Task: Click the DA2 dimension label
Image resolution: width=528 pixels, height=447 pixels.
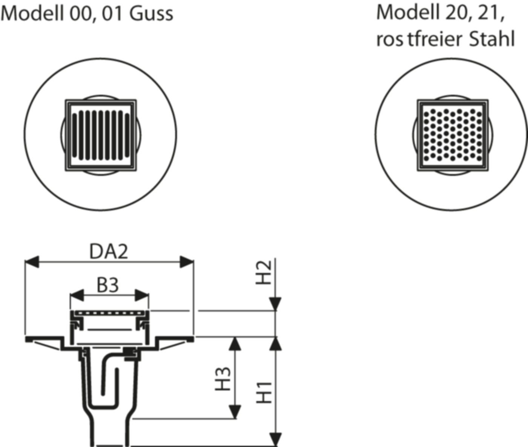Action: coord(109,252)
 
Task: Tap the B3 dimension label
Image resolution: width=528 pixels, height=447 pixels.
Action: coord(108,286)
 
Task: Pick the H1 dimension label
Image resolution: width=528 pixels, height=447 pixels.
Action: coord(265,392)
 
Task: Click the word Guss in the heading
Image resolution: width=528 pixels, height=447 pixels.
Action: coord(151,14)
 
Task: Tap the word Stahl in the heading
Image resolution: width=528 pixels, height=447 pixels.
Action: coord(492,39)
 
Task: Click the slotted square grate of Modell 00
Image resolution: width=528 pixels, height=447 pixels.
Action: coord(101,135)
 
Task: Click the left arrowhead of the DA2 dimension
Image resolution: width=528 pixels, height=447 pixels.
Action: coord(32,262)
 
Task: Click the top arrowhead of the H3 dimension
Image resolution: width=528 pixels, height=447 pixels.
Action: coord(235,343)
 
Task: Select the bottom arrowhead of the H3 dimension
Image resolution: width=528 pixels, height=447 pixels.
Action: coord(235,411)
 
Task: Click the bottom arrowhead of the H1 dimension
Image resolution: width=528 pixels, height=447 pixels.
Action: coord(276,439)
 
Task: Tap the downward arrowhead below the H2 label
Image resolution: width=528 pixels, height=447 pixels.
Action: coord(276,304)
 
